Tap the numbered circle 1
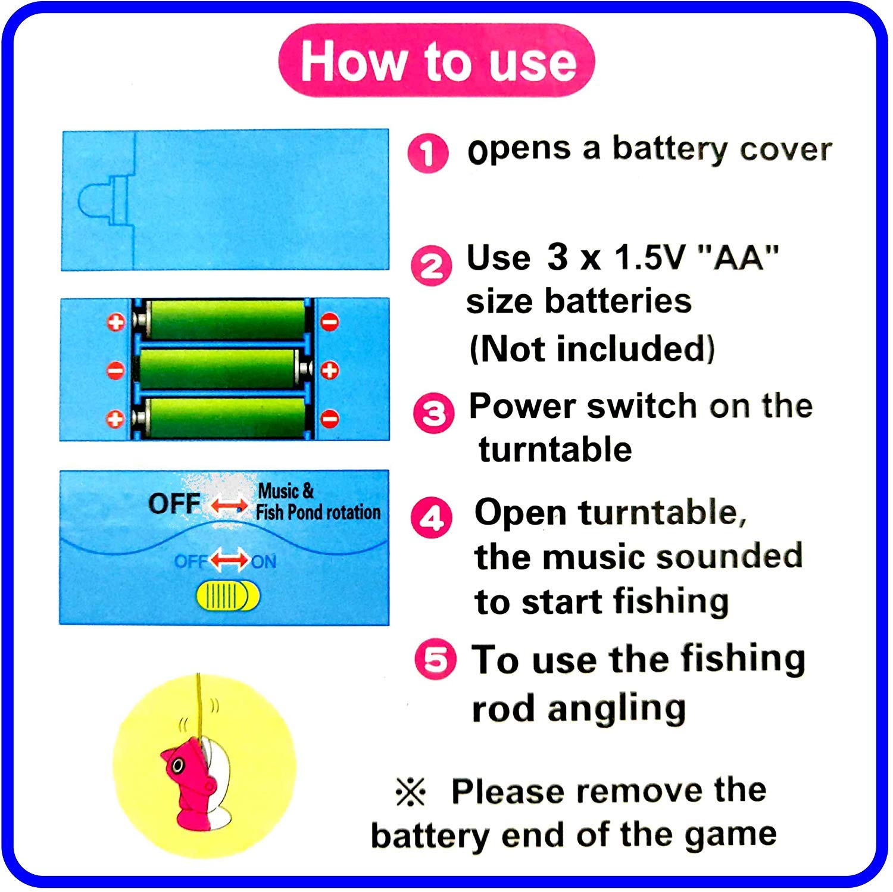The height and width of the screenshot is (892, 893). point(427,153)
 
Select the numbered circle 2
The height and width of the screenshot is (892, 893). point(430,266)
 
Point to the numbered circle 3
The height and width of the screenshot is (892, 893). point(433,412)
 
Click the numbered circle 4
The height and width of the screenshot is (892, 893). point(432,518)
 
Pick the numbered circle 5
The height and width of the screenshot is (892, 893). point(436,660)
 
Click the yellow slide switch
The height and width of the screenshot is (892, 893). point(228,596)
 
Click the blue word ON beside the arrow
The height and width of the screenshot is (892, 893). point(264,562)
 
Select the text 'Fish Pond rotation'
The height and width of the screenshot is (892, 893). point(318,513)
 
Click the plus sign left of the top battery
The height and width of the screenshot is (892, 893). point(115,322)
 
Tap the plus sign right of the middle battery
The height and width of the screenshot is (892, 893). point(330,370)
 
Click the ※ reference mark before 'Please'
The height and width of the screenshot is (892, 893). point(410,793)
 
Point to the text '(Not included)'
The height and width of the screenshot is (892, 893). point(592,349)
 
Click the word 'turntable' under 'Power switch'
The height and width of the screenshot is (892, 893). point(555,450)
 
